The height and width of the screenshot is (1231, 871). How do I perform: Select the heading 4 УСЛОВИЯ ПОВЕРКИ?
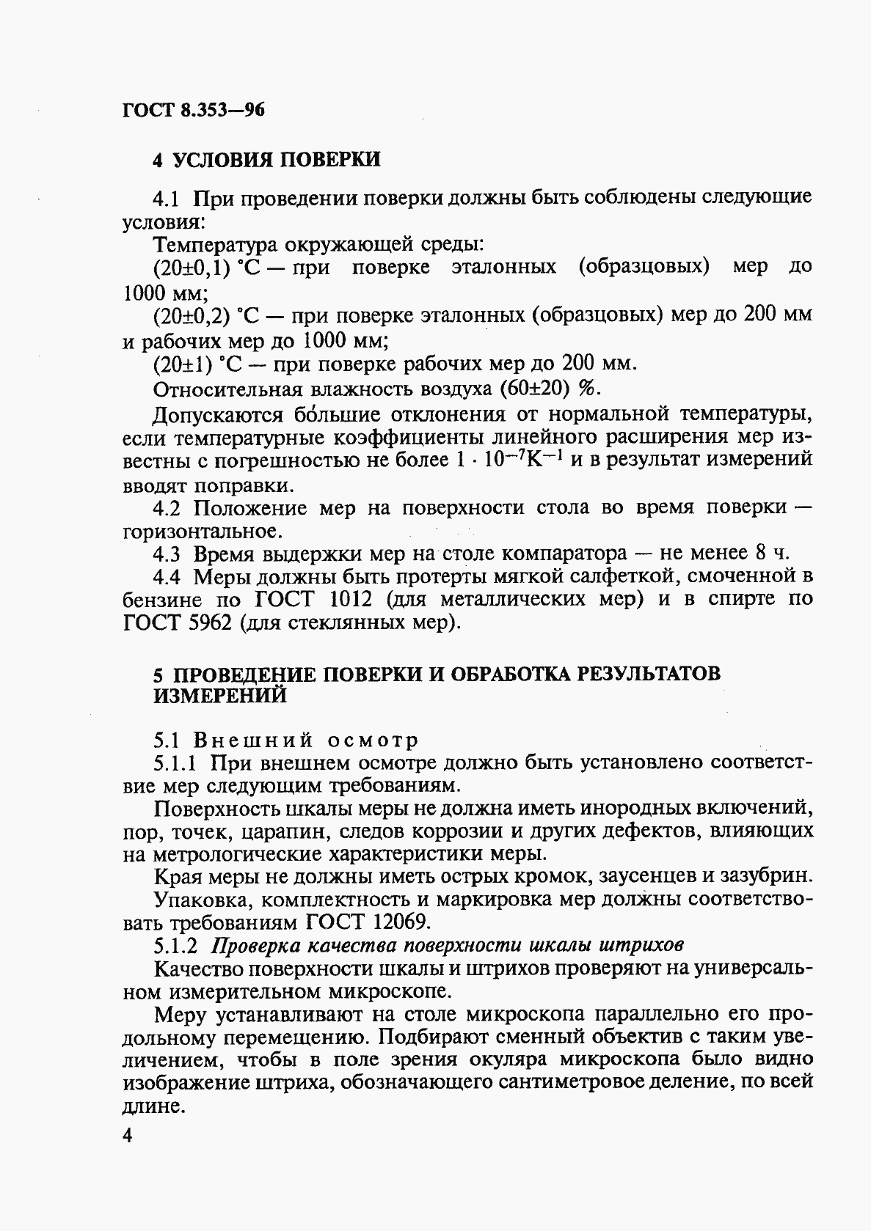pos(266,159)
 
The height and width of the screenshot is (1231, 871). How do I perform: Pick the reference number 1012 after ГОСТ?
pos(354,600)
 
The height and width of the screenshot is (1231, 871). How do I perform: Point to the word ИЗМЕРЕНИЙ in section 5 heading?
pos(220,696)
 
